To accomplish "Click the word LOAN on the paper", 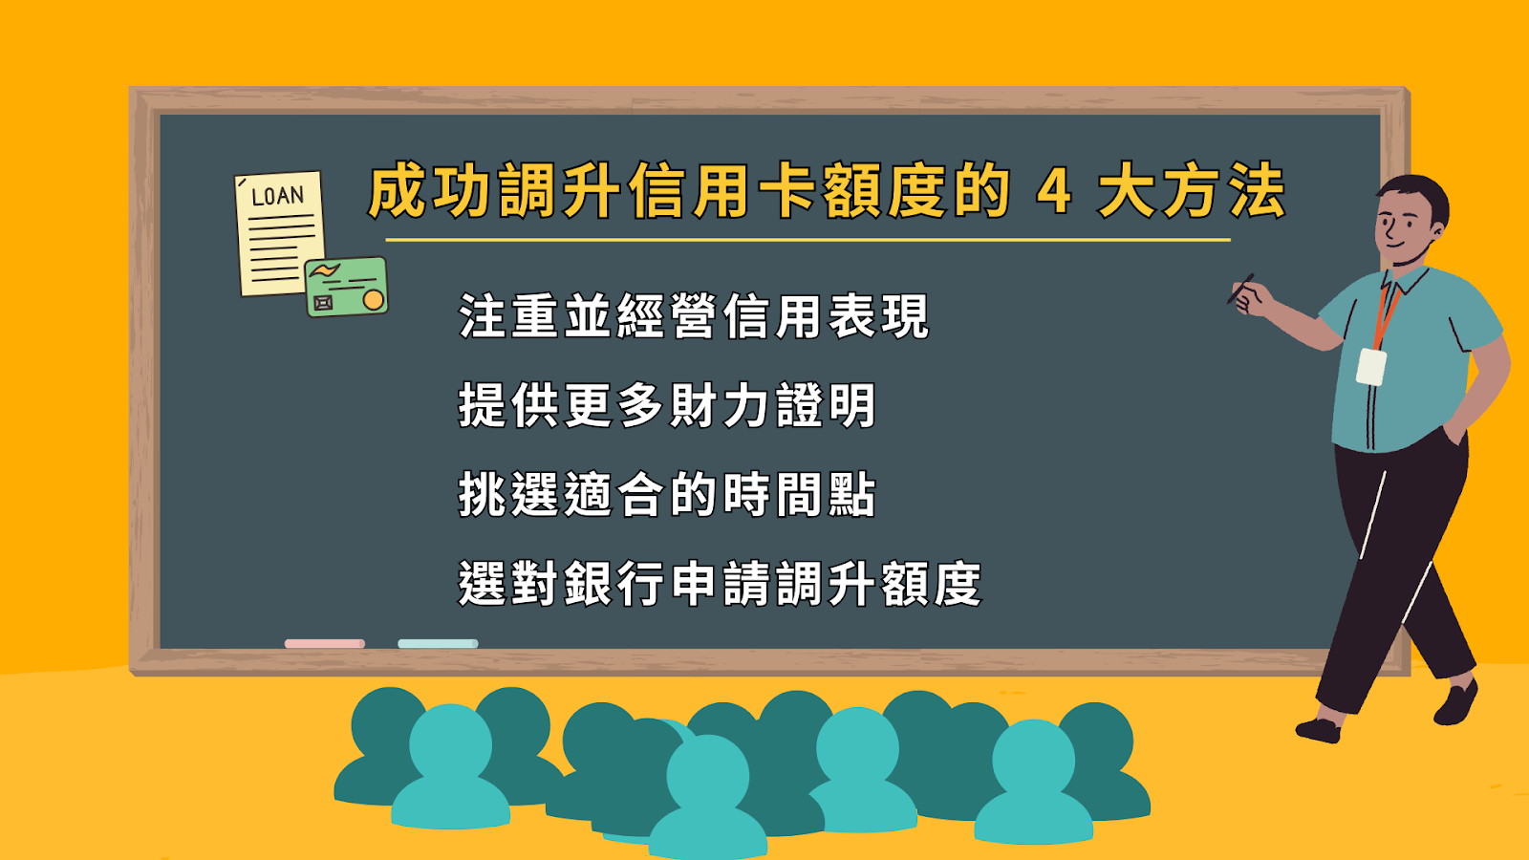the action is (x=277, y=196).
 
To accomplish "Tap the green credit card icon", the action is (x=346, y=287).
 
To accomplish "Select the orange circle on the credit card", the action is (x=374, y=300).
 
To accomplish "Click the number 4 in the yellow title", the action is (x=1053, y=191).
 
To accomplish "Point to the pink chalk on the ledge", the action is (x=324, y=644).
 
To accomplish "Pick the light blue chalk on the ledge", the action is (x=438, y=644).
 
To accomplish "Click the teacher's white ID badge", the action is (x=1370, y=367).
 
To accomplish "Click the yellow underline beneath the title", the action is (x=808, y=240).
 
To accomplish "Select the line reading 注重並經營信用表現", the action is (x=694, y=316).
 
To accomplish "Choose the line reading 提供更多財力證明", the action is (x=667, y=405).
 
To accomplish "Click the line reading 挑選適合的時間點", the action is (x=667, y=494).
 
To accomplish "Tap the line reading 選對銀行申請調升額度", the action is (x=721, y=584).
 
